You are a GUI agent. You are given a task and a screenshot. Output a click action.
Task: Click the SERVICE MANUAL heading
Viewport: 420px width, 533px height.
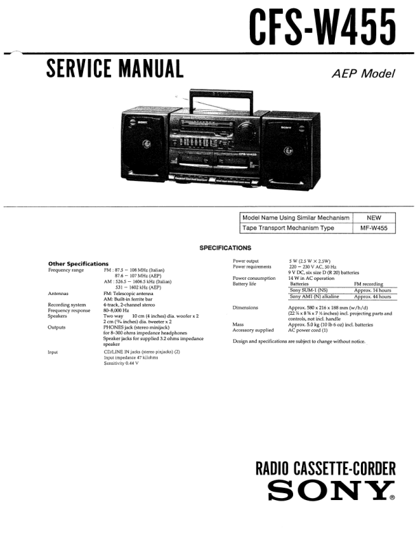(114, 69)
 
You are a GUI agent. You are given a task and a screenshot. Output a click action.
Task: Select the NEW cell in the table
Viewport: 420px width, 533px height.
(374, 217)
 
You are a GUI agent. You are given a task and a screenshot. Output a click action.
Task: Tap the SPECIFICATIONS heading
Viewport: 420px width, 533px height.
(225, 248)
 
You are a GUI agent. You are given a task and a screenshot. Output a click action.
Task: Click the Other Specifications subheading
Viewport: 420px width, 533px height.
(78, 263)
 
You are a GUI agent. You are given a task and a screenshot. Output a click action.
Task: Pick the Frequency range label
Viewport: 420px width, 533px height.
(66, 270)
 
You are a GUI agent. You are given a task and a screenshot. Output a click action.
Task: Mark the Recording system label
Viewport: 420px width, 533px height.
(67, 304)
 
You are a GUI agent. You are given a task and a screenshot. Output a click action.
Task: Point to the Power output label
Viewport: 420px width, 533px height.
(246, 261)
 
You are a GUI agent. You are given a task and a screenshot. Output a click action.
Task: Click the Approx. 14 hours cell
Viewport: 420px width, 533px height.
(372, 290)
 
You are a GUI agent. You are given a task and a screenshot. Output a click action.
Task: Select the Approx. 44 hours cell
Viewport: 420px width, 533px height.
(372, 296)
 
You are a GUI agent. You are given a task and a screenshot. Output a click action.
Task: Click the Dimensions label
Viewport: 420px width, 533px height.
(245, 308)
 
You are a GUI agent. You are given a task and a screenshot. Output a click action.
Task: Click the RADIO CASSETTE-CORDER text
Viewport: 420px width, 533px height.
(325, 469)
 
